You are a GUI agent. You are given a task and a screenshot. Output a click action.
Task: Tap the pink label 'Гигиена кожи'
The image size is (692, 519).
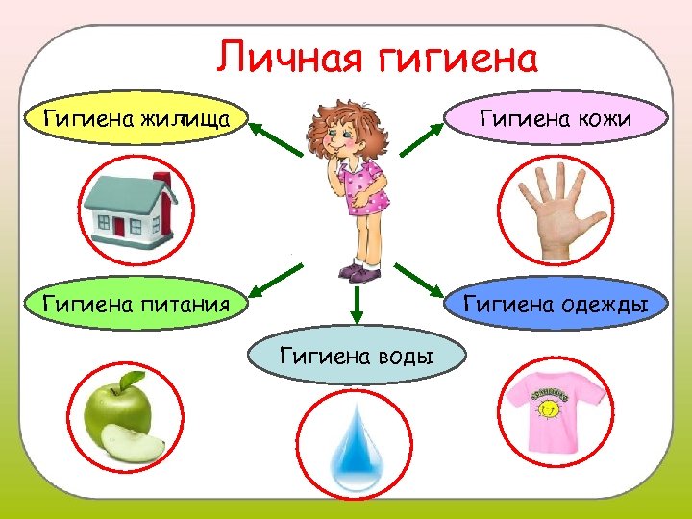pyautogui.click(x=555, y=119)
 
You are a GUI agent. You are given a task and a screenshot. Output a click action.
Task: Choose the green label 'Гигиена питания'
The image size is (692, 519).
pyautogui.click(x=136, y=305)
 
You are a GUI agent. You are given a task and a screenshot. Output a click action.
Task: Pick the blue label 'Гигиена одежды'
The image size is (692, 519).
pyautogui.click(x=556, y=305)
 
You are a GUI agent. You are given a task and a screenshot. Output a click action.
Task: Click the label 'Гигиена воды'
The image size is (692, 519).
pyautogui.click(x=356, y=357)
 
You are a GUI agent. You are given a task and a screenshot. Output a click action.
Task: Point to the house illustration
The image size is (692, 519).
pyautogui.click(x=130, y=210)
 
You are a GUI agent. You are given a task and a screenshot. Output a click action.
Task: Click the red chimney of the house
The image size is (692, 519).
pyautogui.click(x=161, y=183)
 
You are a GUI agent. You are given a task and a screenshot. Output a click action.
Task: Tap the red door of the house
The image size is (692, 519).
pyautogui.click(x=119, y=228)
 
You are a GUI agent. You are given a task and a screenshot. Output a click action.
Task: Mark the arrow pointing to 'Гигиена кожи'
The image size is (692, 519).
pyautogui.click(x=419, y=139)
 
